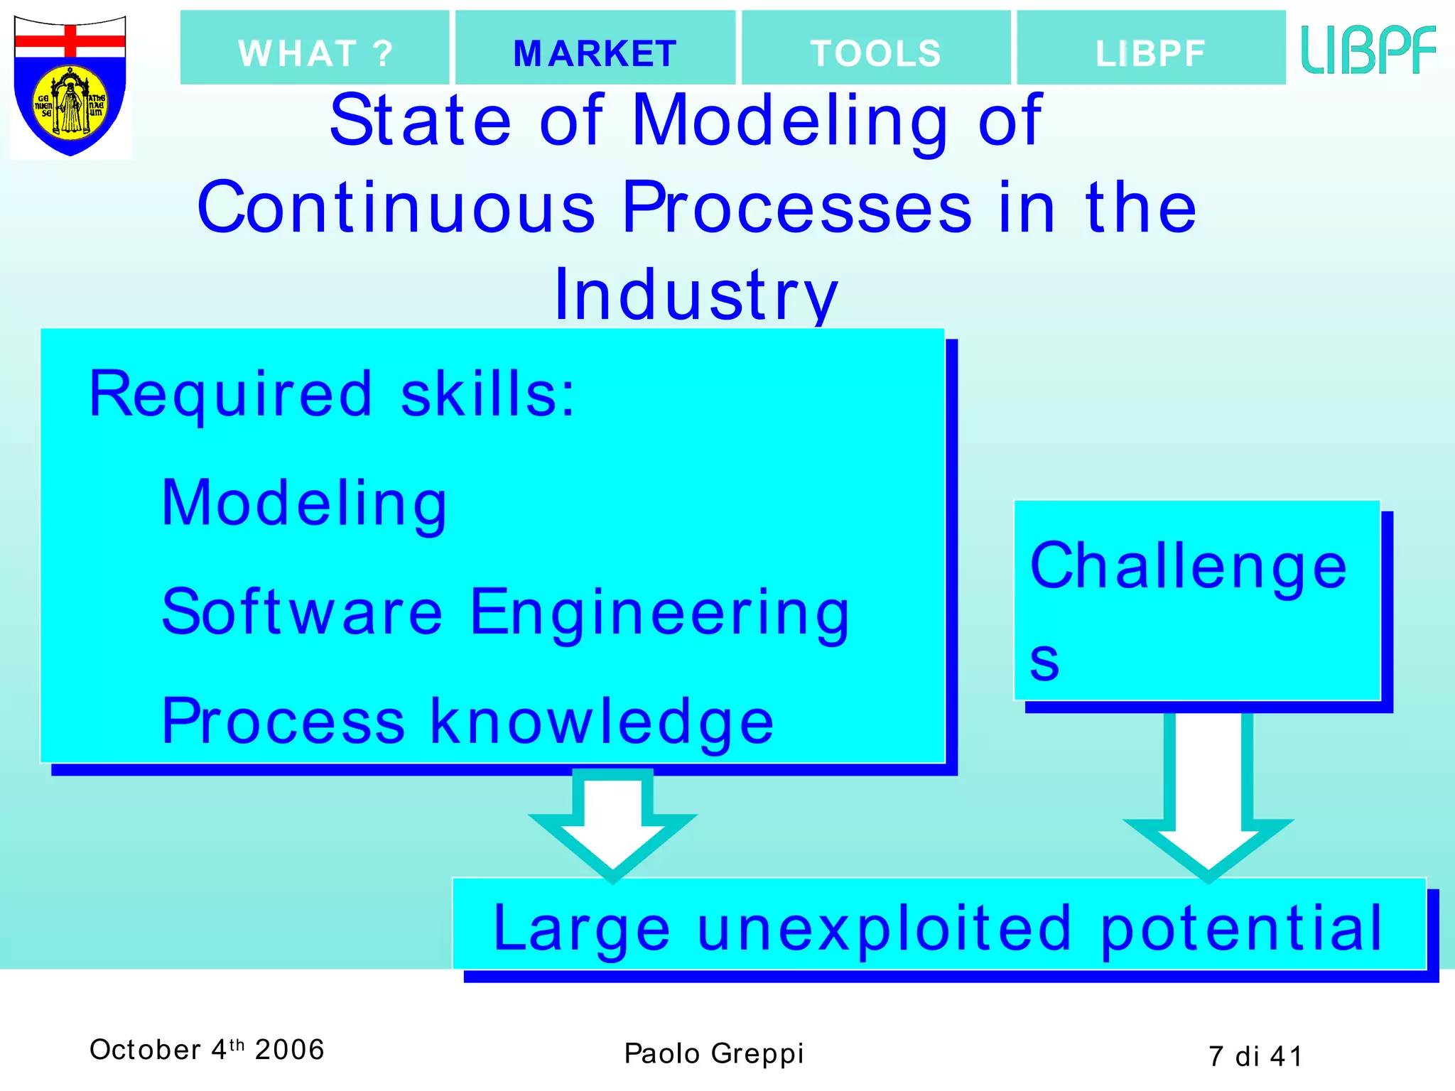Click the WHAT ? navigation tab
click(315, 53)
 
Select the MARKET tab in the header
click(595, 53)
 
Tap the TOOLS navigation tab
click(875, 53)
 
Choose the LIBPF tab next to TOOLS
click(1150, 53)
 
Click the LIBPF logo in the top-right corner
click(1368, 50)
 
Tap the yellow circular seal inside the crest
click(70, 104)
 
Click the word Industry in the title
click(696, 295)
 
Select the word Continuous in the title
click(396, 207)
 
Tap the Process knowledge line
click(467, 722)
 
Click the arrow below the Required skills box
click(613, 824)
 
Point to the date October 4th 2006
click(207, 1050)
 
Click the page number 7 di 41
click(1255, 1056)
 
